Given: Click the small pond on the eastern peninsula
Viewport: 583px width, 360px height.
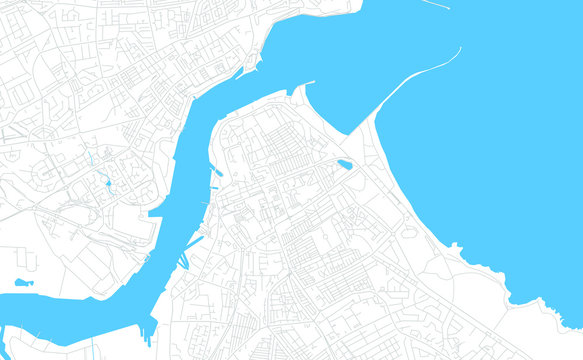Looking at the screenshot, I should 344,165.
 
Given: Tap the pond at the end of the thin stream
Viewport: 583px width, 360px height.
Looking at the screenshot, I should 108,183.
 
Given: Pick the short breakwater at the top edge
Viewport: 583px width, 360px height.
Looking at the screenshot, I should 435,4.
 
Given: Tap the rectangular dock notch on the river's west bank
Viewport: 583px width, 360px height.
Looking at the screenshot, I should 156,212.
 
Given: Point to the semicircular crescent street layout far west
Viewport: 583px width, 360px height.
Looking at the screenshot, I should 45,175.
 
